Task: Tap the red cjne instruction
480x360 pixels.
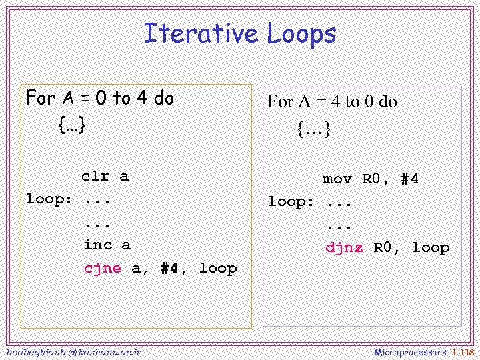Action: [x=103, y=269]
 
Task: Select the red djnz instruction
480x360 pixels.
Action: [x=344, y=248]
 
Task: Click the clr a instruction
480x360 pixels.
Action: [x=105, y=177]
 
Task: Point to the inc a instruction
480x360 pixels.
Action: [x=107, y=245]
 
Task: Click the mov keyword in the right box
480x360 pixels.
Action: [x=337, y=179]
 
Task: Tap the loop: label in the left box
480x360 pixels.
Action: [x=49, y=199]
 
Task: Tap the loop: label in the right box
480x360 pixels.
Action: [x=291, y=202]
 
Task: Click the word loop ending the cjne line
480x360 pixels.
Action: [x=218, y=269]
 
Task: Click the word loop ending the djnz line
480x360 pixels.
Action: [x=431, y=248]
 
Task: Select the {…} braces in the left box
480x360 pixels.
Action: [x=71, y=125]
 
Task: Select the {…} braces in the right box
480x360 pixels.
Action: [x=314, y=129]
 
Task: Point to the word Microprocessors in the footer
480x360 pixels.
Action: [x=411, y=352]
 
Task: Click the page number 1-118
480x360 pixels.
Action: [x=463, y=352]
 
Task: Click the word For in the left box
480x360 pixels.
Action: [x=41, y=99]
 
